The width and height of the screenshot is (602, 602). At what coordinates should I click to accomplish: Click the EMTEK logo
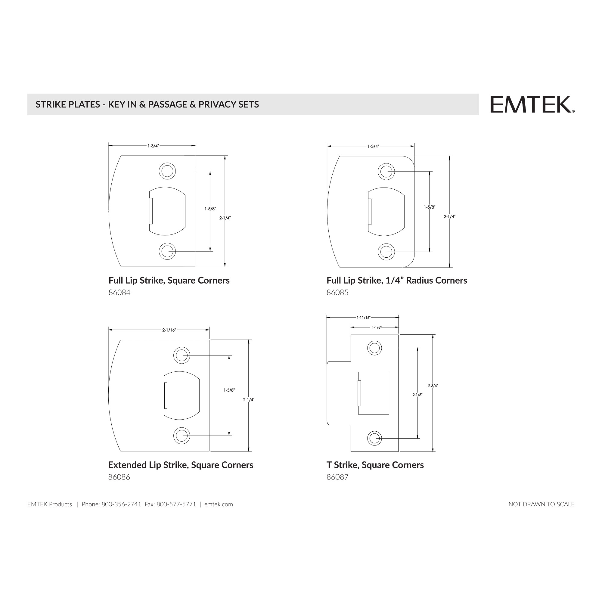532,105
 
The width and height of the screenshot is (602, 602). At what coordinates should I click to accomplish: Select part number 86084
119,293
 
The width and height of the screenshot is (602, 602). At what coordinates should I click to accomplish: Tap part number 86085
337,293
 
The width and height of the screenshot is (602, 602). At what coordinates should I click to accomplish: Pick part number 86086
119,477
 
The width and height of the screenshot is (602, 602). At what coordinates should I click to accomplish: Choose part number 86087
337,477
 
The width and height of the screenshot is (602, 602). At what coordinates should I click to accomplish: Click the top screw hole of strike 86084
167,171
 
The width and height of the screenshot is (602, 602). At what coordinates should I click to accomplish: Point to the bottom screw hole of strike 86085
386,251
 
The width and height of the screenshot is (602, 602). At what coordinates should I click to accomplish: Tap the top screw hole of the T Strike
374,348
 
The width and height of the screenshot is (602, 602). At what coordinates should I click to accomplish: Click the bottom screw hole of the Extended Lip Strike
182,435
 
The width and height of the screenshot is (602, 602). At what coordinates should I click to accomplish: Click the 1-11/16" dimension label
363,318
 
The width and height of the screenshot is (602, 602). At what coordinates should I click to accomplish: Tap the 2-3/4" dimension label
433,386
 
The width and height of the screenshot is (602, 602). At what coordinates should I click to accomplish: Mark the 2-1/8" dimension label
417,395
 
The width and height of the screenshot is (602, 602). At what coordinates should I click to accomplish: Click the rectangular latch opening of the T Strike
374,393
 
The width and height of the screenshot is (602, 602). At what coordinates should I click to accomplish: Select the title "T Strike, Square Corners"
375,465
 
